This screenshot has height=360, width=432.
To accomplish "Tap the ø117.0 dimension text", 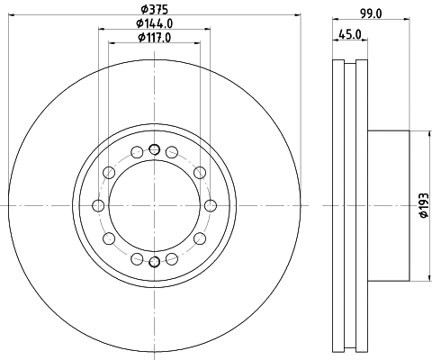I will (155, 37).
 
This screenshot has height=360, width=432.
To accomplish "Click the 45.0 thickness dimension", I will (350, 37).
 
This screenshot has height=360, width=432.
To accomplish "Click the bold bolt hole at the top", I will (154, 149).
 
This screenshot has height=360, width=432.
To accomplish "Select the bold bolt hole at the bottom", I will (154, 262).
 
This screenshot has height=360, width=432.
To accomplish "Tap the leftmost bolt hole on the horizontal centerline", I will (98, 205).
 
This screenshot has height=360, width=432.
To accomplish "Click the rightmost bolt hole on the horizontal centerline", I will (210, 205).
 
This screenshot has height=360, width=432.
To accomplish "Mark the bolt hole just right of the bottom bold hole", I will (172, 258).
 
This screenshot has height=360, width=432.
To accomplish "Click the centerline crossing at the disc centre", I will (154, 205).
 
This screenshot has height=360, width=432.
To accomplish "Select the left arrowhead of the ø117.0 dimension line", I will (112, 43).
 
